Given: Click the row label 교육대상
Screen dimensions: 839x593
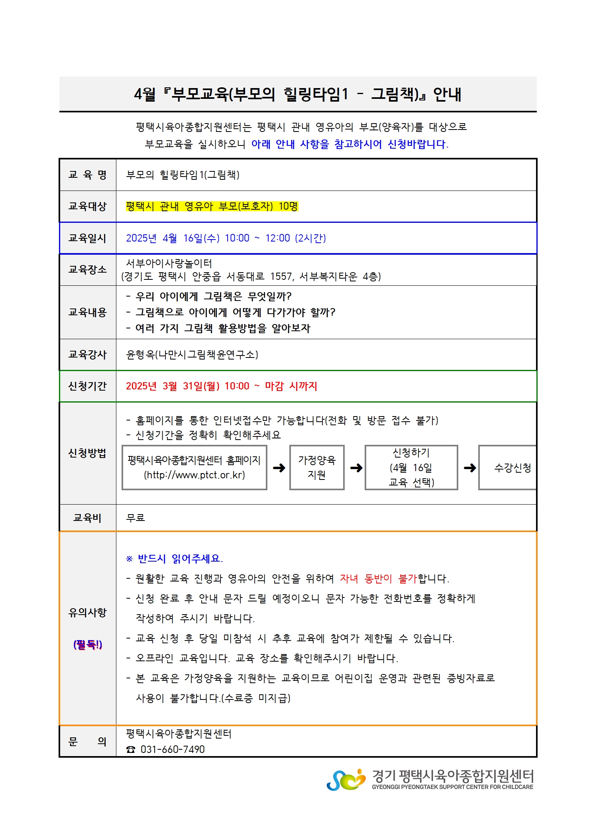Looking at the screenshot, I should click(x=87, y=206).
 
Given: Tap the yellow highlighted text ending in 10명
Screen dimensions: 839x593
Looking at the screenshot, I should click(x=212, y=206).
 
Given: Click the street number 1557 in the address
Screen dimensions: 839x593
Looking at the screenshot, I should click(x=282, y=277).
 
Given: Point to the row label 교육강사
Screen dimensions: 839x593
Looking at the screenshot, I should click(x=87, y=355).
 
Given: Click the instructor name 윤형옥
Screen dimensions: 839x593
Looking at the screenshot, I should click(x=140, y=355).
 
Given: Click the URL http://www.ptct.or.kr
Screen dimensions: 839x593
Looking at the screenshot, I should click(x=194, y=475).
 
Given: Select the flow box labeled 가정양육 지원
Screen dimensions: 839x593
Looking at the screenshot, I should click(x=317, y=468).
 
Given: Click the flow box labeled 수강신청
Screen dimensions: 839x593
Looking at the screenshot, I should click(x=512, y=468).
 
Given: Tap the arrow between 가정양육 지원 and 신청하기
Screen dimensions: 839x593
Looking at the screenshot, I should click(x=356, y=468).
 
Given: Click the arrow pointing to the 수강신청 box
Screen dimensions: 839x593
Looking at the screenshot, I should click(x=470, y=468).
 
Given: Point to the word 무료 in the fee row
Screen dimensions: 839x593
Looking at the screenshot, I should click(x=135, y=518).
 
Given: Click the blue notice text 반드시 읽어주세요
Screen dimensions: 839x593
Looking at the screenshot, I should click(x=180, y=559).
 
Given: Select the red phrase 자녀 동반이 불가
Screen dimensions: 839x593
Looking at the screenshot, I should click(x=378, y=579).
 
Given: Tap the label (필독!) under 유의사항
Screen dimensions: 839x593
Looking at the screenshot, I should click(x=88, y=644).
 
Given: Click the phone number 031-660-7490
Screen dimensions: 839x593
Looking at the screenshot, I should click(x=173, y=750).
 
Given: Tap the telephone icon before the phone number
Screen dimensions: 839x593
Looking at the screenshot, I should click(x=131, y=750).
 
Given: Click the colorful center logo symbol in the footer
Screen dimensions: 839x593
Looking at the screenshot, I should click(x=346, y=780).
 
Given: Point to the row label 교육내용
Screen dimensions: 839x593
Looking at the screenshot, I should click(x=87, y=312).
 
